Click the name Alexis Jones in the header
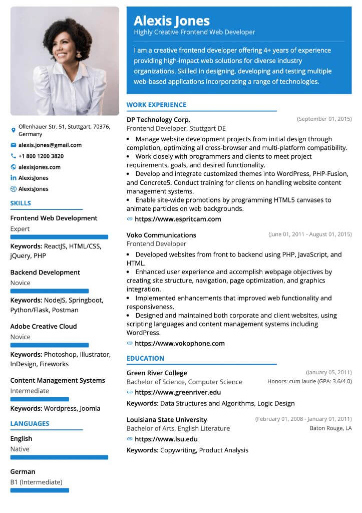pyautogui.click(x=171, y=21)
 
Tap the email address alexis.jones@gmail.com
pyautogui.click(x=50, y=145)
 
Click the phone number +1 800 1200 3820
pyautogui.click(x=41, y=156)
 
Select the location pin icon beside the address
pyautogui.click(x=14, y=130)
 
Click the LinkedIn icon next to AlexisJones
pyautogui.click(x=14, y=178)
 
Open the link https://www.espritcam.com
pyautogui.click(x=178, y=219)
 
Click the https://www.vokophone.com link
pyautogui.click(x=179, y=344)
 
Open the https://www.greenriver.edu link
pyautogui.click(x=177, y=392)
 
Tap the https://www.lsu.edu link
pyautogui.click(x=166, y=439)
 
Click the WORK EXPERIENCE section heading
pyautogui.click(x=156, y=105)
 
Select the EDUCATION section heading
pyautogui.click(x=145, y=358)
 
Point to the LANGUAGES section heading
pyautogui.click(x=30, y=423)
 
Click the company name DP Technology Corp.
pyautogui.click(x=158, y=120)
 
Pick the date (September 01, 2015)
pyautogui.click(x=324, y=119)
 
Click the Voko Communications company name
pyautogui.click(x=161, y=235)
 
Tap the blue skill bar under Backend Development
pyautogui.click(x=50, y=291)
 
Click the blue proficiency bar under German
pyautogui.click(x=40, y=489)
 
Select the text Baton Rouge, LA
pyautogui.click(x=330, y=428)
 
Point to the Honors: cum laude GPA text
pyautogui.click(x=309, y=381)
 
